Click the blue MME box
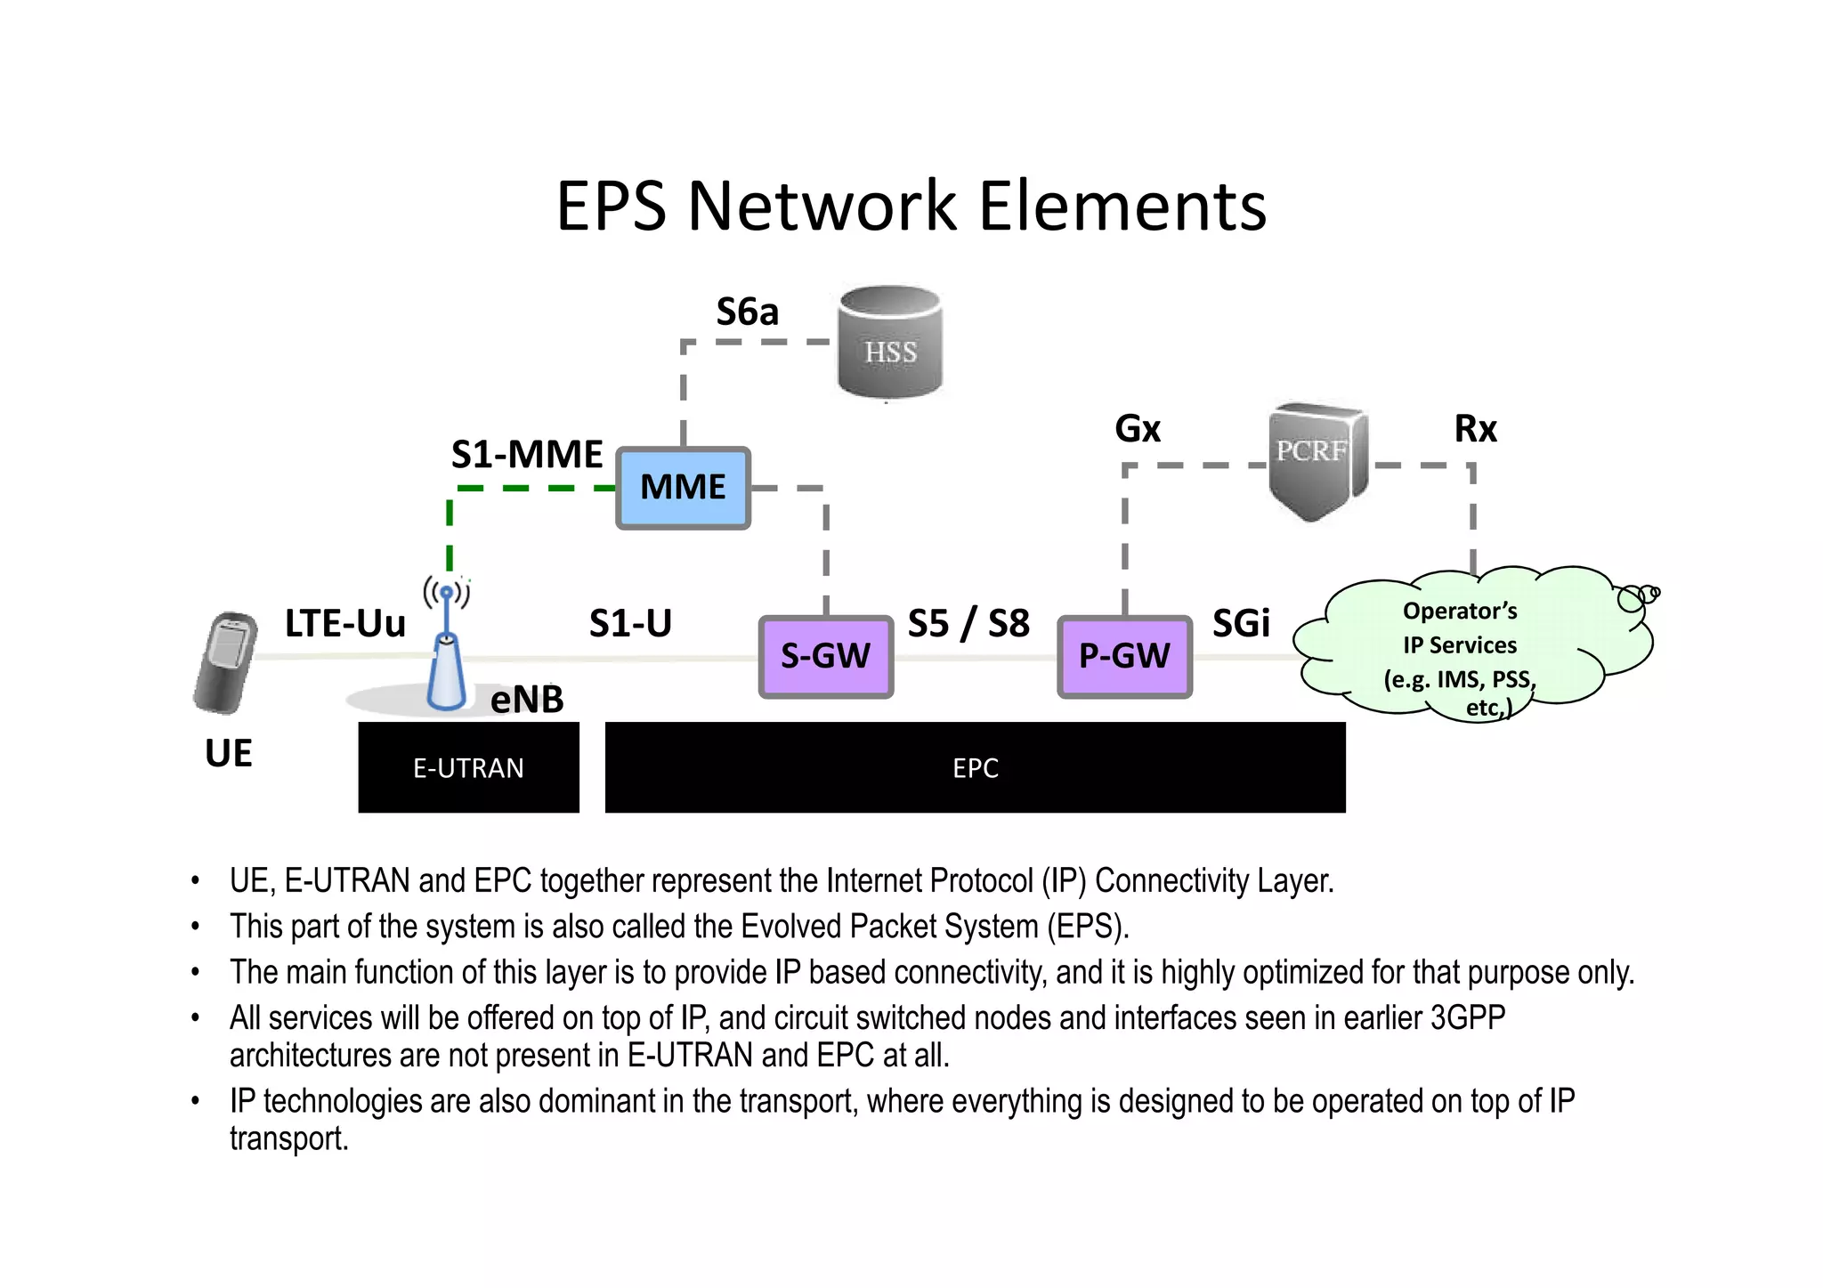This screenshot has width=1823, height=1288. point(683,488)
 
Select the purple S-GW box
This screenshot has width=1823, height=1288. point(825,656)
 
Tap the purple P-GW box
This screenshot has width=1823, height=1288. point(1124,656)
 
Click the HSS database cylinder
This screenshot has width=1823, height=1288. point(889,343)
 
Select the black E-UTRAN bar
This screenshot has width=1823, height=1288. point(468,767)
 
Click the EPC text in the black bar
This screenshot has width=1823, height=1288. point(976,768)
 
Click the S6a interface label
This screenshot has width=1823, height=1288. point(747,312)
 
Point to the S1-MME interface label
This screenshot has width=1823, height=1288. point(526,455)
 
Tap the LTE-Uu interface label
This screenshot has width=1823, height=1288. point(344,623)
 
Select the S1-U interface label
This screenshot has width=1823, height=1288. point(630,623)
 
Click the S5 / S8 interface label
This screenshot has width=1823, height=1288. point(968,623)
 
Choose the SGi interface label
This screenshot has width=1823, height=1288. point(1241,623)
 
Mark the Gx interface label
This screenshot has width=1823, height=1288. point(1138,429)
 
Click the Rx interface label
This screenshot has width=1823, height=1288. point(1475,429)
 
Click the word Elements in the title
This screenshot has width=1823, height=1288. point(1122,206)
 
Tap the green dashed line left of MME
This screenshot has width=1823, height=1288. point(534,488)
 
